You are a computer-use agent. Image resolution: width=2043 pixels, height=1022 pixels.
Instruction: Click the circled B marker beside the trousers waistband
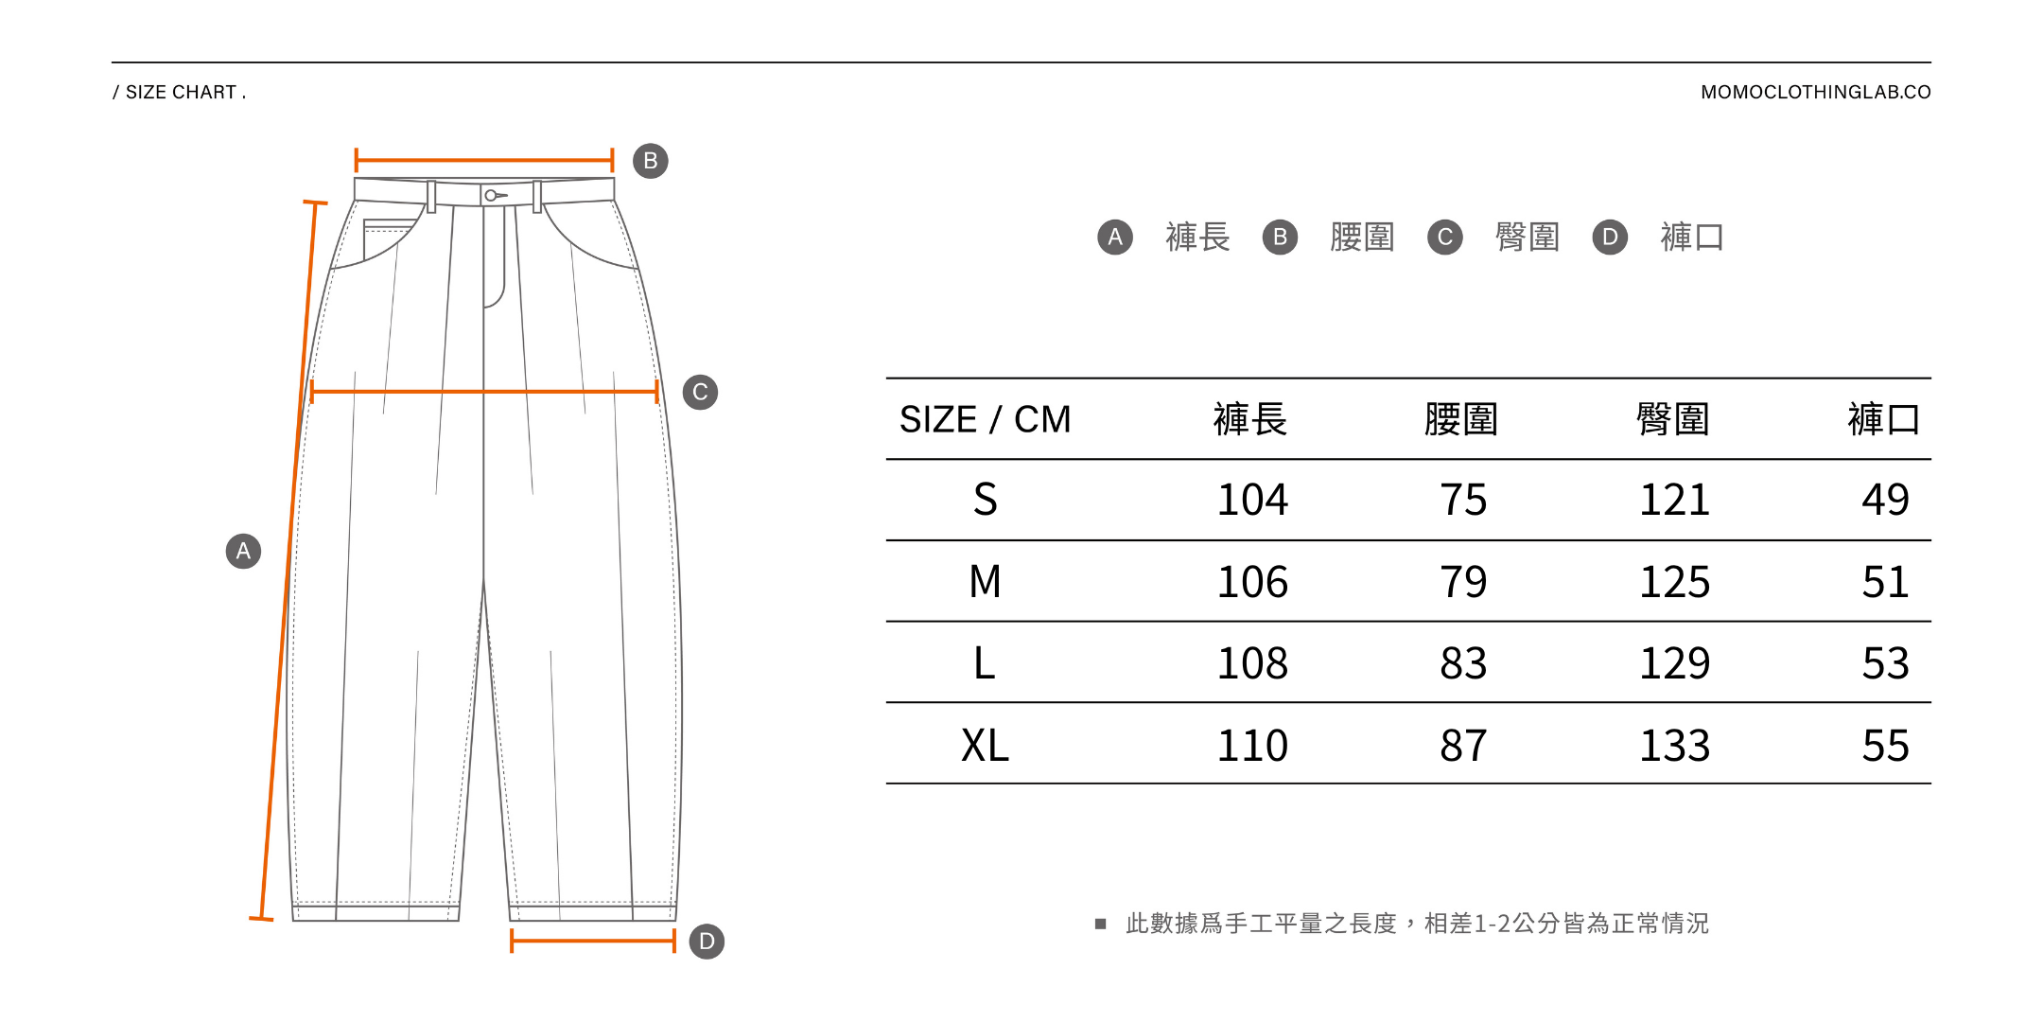(650, 161)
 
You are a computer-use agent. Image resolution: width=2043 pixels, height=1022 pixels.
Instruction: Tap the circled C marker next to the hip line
(700, 392)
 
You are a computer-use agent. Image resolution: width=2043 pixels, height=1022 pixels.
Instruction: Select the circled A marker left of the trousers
(243, 551)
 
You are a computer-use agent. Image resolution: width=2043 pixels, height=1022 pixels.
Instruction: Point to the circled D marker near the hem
(707, 942)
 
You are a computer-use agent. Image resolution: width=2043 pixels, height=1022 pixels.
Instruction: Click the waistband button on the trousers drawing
(491, 196)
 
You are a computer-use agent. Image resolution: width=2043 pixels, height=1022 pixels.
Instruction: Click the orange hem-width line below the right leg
(593, 941)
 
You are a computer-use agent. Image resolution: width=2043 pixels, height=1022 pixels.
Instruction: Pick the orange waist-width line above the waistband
(484, 160)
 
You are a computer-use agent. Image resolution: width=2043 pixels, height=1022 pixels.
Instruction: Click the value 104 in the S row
(1252, 500)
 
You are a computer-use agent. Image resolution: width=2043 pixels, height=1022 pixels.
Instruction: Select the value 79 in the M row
(1463, 582)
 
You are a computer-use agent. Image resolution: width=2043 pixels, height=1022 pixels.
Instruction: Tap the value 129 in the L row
(1674, 663)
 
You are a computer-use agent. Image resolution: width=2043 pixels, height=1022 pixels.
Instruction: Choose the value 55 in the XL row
(1885, 746)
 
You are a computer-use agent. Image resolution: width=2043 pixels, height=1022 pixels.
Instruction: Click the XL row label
(985, 746)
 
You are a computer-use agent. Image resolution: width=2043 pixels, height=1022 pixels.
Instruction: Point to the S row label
(985, 500)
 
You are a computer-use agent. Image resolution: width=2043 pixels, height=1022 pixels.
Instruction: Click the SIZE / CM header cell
(985, 419)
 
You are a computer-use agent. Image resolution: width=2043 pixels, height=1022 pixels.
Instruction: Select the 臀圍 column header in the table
(1672, 419)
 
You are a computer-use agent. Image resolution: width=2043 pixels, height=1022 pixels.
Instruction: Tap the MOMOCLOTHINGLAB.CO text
(1815, 92)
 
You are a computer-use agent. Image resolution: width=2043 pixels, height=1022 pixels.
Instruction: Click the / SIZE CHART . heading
(180, 92)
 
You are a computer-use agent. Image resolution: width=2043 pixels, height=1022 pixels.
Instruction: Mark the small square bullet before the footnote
(1100, 924)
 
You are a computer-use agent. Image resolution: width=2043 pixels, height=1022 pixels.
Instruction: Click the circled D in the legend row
(1610, 237)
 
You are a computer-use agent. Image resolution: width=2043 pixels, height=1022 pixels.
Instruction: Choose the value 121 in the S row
(1674, 500)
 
